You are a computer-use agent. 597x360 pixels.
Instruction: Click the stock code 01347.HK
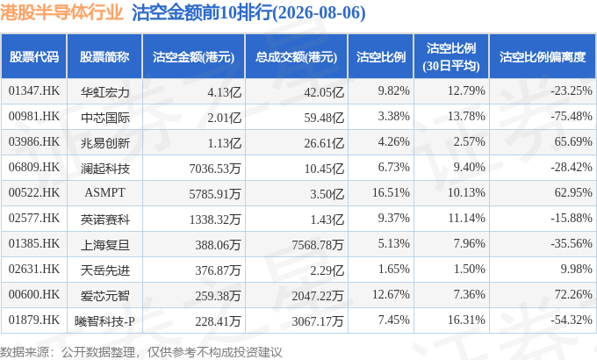pos(34,91)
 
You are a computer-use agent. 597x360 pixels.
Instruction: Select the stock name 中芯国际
pos(105,118)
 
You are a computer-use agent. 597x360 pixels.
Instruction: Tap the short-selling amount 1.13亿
pos(224,143)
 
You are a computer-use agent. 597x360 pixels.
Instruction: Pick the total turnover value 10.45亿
pos(324,168)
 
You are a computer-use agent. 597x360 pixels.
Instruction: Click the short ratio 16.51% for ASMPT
pos(391,192)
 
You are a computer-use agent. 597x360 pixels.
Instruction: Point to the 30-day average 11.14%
pos(466,218)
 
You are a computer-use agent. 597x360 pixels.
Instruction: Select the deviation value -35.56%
pos(572,243)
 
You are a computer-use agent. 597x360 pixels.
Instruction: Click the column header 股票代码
pos(34,57)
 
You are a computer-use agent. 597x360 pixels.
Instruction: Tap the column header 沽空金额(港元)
pos(193,57)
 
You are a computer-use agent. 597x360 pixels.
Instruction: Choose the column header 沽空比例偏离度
pos(543,57)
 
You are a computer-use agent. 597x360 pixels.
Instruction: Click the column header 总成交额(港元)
pos(296,57)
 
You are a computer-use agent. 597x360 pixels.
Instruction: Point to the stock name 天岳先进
pos(105,270)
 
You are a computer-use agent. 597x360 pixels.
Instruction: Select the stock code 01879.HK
pos(34,320)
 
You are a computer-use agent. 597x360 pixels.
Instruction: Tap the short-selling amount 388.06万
pos(218,245)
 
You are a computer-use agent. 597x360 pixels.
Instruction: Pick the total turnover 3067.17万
pos(318,321)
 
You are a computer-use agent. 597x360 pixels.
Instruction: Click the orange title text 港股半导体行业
pos(61,12)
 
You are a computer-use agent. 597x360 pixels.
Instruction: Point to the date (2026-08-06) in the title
pos(319,13)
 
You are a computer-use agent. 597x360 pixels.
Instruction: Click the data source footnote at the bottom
pos(140,351)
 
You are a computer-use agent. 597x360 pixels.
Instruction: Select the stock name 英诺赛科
pos(105,220)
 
